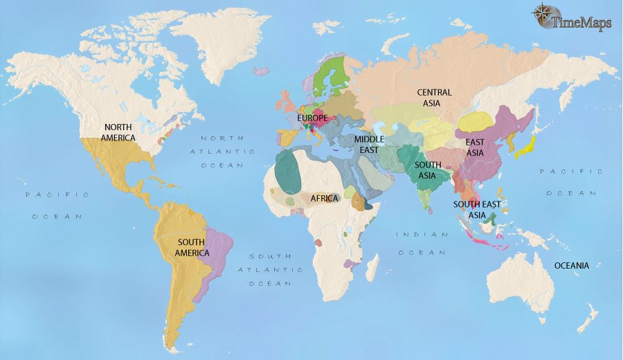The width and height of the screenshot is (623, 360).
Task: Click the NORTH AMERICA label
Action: click(x=119, y=132)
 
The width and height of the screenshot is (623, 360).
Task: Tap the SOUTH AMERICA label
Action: click(x=193, y=247)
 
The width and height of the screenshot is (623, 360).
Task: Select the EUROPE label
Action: click(x=312, y=118)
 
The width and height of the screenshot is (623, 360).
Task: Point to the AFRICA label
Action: click(x=324, y=198)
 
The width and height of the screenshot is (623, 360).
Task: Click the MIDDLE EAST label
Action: click(x=369, y=144)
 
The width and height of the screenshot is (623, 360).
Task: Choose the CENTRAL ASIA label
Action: click(x=434, y=98)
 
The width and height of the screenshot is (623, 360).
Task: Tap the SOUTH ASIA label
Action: click(x=428, y=170)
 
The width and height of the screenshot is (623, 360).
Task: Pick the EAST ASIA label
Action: click(x=474, y=147)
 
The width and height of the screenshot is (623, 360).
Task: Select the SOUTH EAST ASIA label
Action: click(x=478, y=210)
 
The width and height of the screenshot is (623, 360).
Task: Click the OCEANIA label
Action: click(x=571, y=265)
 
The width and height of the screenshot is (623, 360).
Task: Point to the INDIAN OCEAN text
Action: click(x=422, y=243)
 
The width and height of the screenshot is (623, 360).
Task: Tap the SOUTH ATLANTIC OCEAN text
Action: click(x=271, y=269)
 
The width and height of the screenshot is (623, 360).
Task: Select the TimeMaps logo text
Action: click(x=581, y=23)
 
